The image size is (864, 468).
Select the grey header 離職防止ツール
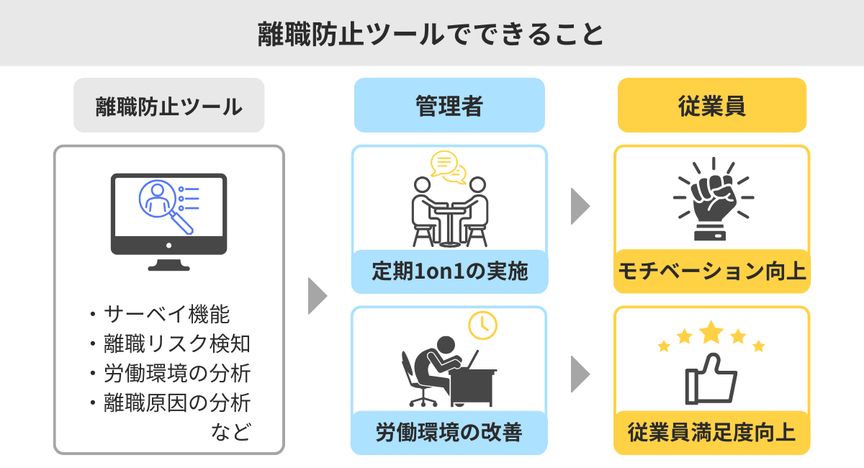click(168, 106)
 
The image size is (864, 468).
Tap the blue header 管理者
click(449, 106)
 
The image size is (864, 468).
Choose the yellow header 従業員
click(711, 106)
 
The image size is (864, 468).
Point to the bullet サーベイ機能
click(167, 314)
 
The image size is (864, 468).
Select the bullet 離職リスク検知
click(177, 343)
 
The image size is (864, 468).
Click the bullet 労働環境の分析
click(177, 373)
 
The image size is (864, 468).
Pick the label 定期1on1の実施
click(450, 271)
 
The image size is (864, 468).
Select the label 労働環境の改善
click(449, 433)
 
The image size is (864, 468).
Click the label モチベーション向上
click(711, 271)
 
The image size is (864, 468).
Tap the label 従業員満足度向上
click(711, 433)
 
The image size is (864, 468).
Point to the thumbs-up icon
click(711, 378)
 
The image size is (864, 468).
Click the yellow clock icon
click(482, 325)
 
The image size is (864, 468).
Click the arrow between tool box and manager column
click(318, 295)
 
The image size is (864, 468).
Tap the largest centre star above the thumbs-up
click(711, 332)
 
